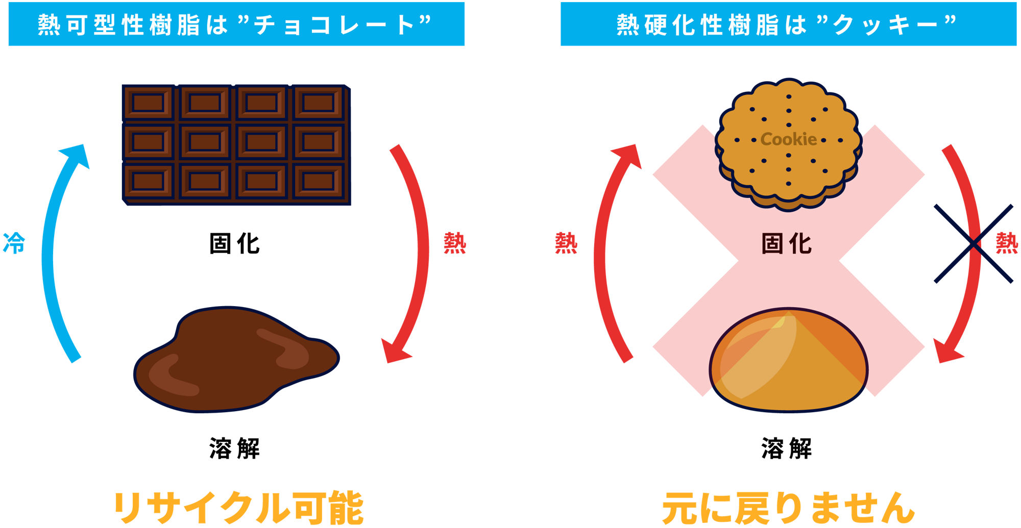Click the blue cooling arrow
pyautogui.click(x=49, y=255)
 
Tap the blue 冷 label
pyautogui.click(x=14, y=243)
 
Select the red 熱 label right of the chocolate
pyautogui.click(x=454, y=243)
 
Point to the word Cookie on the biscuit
pyautogui.click(x=788, y=139)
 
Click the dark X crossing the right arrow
pyautogui.click(x=973, y=244)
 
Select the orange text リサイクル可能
pyautogui.click(x=238, y=508)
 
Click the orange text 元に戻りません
pyautogui.click(x=788, y=508)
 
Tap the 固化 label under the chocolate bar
pyautogui.click(x=234, y=244)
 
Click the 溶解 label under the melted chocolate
pyautogui.click(x=234, y=449)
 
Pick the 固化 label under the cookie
pyautogui.click(x=786, y=244)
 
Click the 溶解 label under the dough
pyautogui.click(x=786, y=449)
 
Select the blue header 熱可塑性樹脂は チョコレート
pyautogui.click(x=236, y=24)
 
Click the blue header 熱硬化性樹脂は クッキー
pyautogui.click(x=788, y=24)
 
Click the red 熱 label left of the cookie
pyautogui.click(x=566, y=243)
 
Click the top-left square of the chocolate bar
pyautogui.click(x=148, y=103)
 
